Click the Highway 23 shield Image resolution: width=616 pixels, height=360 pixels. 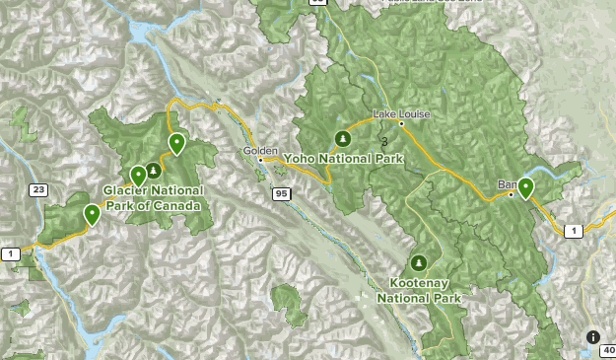click(37, 189)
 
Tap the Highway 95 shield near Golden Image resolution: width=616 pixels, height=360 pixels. click(283, 194)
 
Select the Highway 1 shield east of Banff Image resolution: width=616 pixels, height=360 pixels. click(573, 230)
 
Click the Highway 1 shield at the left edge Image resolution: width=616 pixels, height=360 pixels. click(11, 254)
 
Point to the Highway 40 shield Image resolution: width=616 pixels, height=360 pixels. click(608, 350)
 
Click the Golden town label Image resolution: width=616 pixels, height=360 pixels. click(260, 150)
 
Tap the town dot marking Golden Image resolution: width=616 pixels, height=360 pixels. click(260, 159)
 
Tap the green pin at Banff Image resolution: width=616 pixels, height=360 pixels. click(526, 187)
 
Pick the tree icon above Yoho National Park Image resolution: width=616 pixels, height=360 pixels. click(342, 138)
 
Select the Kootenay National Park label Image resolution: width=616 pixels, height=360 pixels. click(419, 288)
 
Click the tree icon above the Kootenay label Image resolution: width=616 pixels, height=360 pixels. click(419, 263)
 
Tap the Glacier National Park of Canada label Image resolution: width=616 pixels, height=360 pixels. click(153, 197)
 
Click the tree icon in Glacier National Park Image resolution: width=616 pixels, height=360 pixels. click(153, 170)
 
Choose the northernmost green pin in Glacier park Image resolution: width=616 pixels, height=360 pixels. click(176, 144)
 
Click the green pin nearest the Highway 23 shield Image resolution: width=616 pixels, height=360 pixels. click(92, 213)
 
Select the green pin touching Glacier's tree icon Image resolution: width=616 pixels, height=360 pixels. click(138, 177)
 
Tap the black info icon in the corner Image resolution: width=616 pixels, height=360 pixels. click(593, 337)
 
